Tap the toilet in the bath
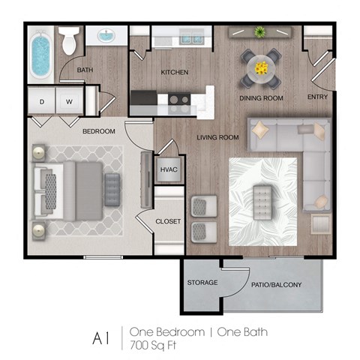tap(70, 41)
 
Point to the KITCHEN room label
tap(174, 73)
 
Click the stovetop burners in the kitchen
tap(178, 98)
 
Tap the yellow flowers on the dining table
tap(261, 68)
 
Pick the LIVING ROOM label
tap(217, 137)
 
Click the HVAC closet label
tap(169, 169)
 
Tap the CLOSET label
tap(168, 221)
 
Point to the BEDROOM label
tap(98, 131)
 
